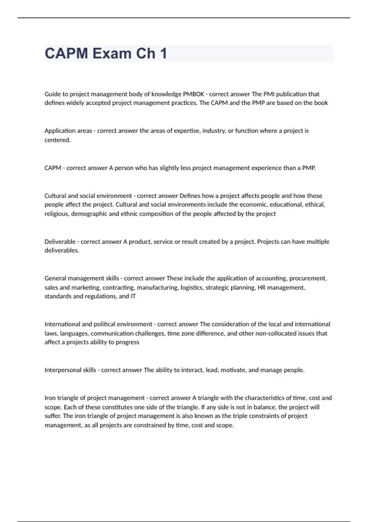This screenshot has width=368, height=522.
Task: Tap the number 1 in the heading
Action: tap(163, 53)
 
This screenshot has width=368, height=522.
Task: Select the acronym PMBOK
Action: tap(194, 94)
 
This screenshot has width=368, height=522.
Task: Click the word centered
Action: tap(57, 140)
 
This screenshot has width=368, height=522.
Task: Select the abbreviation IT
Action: tap(133, 296)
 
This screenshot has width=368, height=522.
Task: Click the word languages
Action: tap(75, 333)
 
